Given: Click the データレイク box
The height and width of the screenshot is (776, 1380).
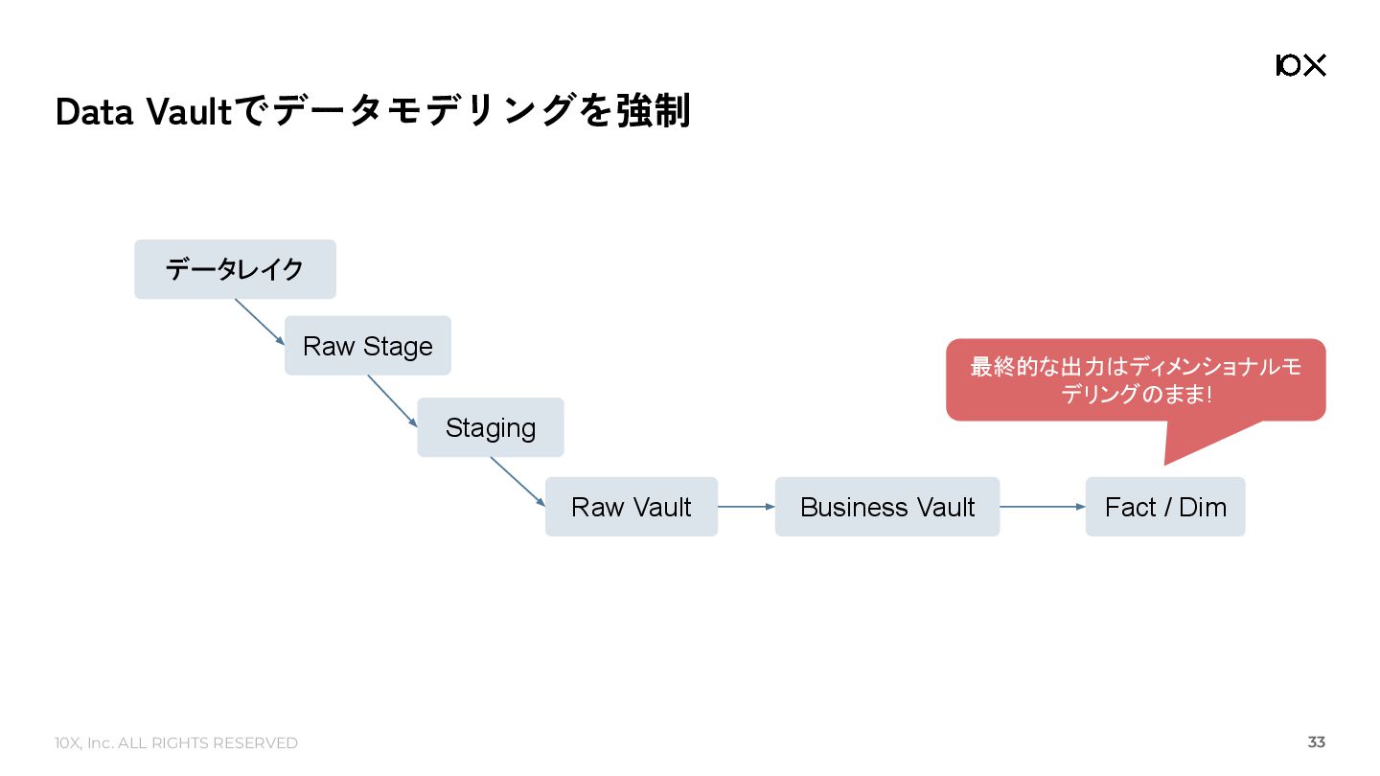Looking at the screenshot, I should pos(235,269).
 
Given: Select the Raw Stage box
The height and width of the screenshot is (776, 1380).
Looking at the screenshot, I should pos(367,346).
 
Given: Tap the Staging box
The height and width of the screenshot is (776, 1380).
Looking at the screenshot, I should pos(490,427).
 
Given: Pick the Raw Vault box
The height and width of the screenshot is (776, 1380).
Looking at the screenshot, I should pos(631,507).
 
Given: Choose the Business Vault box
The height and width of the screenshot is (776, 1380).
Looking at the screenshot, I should pos(886,507).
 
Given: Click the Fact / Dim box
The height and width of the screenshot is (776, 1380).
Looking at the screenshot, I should pos(1164,507).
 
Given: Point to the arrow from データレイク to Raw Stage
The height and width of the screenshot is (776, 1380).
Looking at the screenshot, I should pos(260,322).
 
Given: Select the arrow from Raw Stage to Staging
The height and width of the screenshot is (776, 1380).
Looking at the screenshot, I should pos(392,400).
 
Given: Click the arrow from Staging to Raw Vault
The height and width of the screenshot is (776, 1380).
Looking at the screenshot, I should pos(517,481).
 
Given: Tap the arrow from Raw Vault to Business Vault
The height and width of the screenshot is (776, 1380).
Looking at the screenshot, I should pos(746,507).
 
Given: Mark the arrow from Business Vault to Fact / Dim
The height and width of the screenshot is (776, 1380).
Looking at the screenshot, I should pos(1042,507).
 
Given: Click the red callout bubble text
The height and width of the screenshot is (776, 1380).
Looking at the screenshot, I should pos(1136,380).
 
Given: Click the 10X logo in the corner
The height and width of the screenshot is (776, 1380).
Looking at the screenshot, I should pos(1300,65).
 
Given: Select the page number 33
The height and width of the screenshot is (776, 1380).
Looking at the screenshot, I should pos(1317,742).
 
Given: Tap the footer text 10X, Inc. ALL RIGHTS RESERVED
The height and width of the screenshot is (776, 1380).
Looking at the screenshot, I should pos(176,743).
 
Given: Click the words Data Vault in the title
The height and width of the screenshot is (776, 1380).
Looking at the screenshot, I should pos(144,113).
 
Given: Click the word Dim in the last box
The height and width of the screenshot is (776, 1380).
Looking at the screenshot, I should pos(1203,507).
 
